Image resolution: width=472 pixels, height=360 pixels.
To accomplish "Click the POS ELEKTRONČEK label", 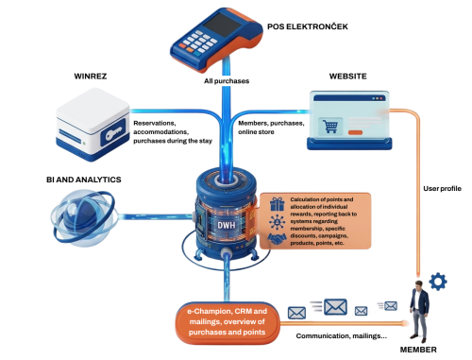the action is [308, 26].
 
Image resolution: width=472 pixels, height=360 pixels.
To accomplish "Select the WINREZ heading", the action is [91, 77].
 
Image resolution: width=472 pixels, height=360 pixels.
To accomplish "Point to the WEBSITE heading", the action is [347, 77].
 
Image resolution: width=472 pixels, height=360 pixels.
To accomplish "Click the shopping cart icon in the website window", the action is [330, 127].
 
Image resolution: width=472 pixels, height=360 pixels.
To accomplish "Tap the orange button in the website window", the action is [355, 132].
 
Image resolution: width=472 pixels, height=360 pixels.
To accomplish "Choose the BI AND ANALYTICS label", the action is [84, 180].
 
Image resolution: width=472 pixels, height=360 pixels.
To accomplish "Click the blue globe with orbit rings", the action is [83, 216].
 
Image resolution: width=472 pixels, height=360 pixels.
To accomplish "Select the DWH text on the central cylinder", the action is [227, 225].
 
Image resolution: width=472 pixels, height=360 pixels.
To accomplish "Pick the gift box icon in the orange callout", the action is [277, 204].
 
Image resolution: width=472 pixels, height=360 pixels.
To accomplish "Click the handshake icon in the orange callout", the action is [277, 239].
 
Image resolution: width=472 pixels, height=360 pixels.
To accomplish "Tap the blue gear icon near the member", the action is [438, 282].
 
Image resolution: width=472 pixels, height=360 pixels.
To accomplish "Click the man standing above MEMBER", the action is [419, 310].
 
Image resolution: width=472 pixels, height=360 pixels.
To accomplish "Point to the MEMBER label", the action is [418, 350].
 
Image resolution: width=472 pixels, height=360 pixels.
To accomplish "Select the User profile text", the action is [442, 189].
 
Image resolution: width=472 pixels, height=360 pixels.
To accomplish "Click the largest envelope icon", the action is [335, 307].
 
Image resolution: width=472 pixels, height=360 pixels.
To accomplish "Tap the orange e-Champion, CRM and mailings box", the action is [227, 322].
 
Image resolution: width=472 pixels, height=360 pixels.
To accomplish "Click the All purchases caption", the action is [227, 81].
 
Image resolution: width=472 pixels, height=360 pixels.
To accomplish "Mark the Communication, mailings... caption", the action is [342, 336].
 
